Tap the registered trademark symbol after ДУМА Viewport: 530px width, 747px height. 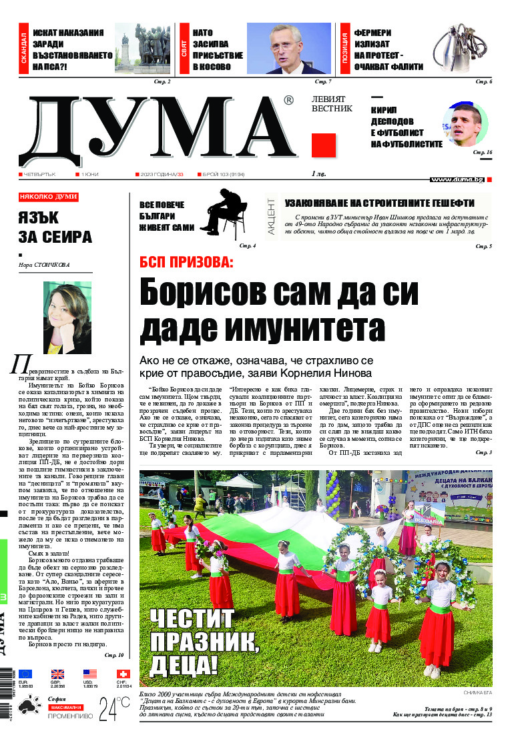(288, 100)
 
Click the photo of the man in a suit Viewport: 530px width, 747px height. (288, 49)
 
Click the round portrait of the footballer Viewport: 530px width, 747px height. (465, 124)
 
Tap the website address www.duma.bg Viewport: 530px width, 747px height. (457, 179)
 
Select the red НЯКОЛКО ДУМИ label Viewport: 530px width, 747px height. (49, 197)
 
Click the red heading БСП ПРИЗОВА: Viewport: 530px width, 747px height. (186, 262)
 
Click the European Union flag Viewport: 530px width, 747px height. (25, 674)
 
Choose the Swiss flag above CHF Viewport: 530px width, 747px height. (123, 674)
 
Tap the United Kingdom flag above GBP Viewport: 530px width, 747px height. (57, 674)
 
